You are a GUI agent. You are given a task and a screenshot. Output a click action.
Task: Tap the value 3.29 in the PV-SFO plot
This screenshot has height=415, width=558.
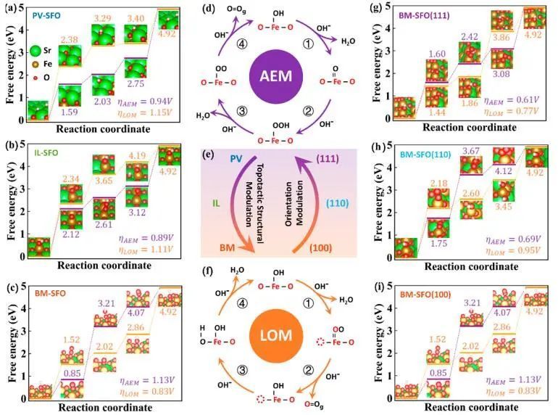pyautogui.click(x=102, y=17)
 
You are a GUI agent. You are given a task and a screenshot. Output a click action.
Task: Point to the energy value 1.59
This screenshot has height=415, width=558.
pyautogui.click(x=70, y=112)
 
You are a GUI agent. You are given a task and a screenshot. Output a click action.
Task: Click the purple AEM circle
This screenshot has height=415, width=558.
pyautogui.click(x=279, y=77)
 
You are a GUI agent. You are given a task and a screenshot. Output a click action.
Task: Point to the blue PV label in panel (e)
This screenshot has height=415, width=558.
pyautogui.click(x=236, y=157)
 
